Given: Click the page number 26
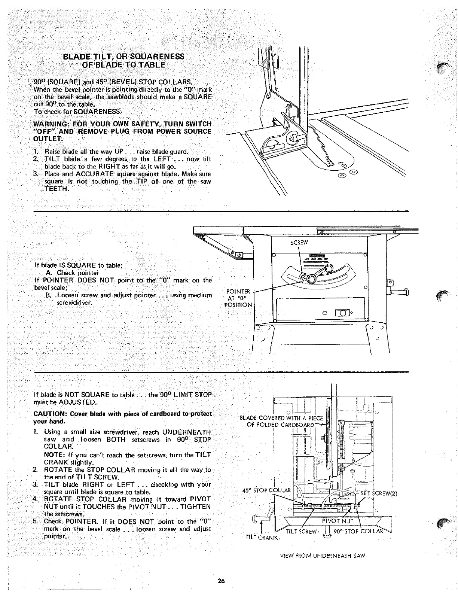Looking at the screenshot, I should click(x=221, y=581).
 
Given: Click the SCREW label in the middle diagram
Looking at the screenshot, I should click(x=299, y=242).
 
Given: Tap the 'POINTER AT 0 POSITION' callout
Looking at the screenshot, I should click(x=238, y=298).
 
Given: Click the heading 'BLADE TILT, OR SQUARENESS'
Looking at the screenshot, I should click(x=123, y=57).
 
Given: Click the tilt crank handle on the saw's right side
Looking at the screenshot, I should click(x=403, y=292).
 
